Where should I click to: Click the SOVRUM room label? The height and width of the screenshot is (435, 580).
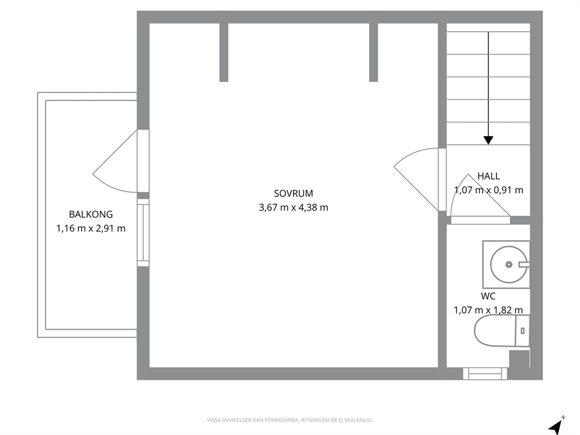click(294, 194)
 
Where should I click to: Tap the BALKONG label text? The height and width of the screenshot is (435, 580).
click(91, 214)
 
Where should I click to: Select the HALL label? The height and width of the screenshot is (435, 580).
click(488, 176)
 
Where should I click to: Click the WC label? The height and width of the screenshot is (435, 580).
click(488, 296)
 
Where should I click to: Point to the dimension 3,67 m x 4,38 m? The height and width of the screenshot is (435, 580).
click(294, 208)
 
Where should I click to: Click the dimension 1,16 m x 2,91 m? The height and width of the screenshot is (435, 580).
click(91, 229)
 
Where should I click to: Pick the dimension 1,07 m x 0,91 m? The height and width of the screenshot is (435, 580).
click(488, 190)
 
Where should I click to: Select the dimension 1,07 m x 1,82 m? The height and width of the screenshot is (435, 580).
click(488, 310)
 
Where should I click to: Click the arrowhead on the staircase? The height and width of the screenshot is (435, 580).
click(488, 140)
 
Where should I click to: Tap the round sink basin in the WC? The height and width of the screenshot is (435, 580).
click(509, 264)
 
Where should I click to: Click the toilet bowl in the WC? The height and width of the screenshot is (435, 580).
click(494, 331)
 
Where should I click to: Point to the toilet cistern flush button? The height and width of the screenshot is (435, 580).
click(522, 331)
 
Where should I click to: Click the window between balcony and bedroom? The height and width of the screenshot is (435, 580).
click(143, 233)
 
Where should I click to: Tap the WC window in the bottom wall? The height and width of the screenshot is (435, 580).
click(485, 373)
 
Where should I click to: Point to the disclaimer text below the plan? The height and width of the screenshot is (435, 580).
click(289, 420)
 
